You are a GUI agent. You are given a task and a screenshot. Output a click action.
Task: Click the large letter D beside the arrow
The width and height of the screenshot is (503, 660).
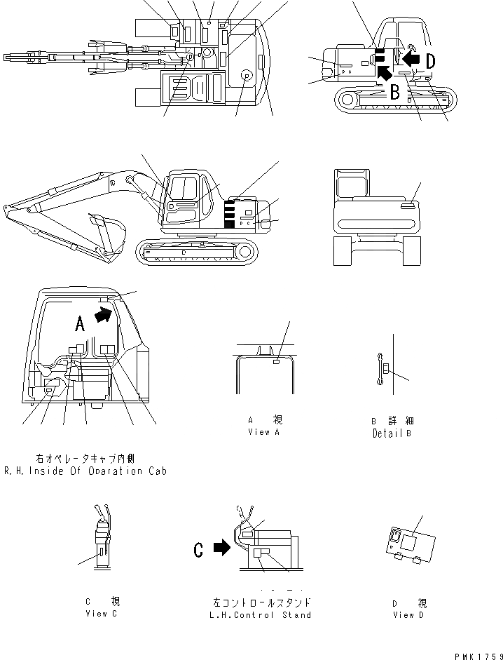pos(429,61)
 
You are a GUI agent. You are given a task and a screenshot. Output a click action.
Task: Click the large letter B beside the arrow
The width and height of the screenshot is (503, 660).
pos(394,90)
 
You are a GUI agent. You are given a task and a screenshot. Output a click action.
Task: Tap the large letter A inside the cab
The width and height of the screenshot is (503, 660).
pos(80,323)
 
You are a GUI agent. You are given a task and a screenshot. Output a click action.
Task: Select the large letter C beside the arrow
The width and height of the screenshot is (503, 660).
pos(198,551)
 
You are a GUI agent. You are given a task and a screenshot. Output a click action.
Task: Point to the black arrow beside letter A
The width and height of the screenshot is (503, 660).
pos(103,316)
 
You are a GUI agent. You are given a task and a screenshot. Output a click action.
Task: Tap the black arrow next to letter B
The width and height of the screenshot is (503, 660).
pos(383,73)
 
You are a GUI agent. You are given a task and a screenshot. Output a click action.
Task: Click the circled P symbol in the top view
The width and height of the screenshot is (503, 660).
pos(246,75)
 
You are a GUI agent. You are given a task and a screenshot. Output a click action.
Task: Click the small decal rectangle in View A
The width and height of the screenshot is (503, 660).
pos(276,362)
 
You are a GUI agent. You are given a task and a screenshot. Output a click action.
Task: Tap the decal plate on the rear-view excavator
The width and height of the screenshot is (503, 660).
pos(408,206)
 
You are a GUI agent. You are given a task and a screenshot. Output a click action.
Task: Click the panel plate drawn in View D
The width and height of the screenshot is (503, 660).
pos(412,544)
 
